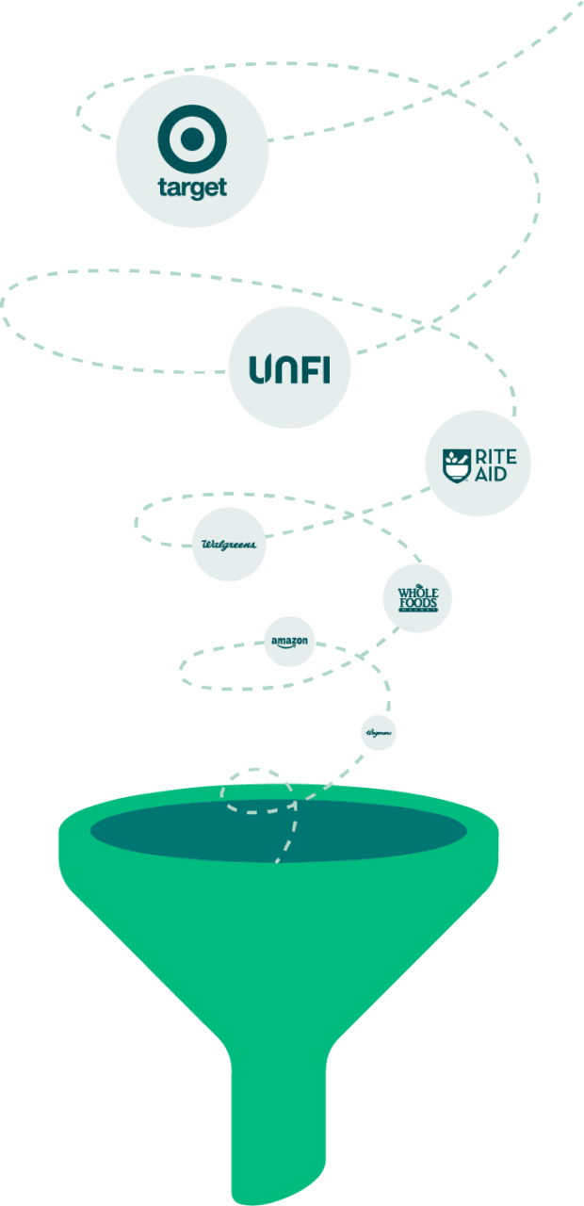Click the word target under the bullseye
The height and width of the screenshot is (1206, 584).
[x=192, y=187]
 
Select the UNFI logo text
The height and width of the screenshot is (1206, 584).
[x=289, y=369]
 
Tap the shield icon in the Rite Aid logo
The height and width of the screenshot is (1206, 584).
[x=459, y=464]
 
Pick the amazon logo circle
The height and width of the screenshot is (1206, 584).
[x=289, y=642]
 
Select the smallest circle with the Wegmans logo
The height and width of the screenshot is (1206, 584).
[x=378, y=732]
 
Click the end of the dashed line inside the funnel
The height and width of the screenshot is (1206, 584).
[x=277, y=859]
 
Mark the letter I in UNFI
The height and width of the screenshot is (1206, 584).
[x=326, y=369]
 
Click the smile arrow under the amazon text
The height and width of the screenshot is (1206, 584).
[x=290, y=647]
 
